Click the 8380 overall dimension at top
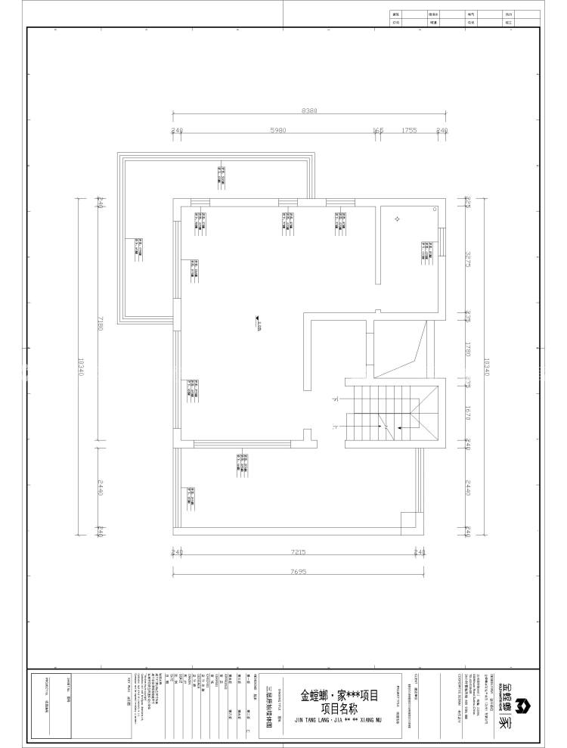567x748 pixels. [308, 110]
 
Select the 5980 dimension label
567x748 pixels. [277, 130]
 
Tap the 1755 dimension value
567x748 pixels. [410, 130]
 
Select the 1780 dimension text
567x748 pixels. [468, 349]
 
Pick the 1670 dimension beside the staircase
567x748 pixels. [468, 413]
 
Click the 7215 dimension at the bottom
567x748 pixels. [296, 553]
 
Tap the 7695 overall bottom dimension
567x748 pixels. [296, 572]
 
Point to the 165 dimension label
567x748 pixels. [378, 130]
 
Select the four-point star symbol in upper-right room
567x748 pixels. [396, 219]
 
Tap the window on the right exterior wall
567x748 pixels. [444, 243]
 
